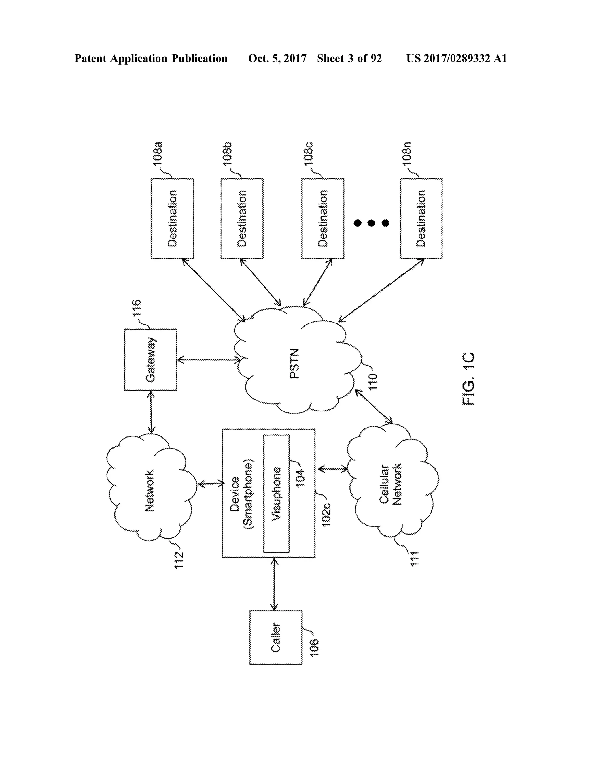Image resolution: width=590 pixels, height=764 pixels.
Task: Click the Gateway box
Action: (151, 360)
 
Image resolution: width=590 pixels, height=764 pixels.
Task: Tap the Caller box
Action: (276, 637)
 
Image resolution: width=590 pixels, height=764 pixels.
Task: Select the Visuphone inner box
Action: (277, 494)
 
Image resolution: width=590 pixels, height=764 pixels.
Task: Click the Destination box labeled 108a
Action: (172, 219)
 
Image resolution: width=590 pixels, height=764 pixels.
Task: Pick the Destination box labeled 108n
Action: (421, 219)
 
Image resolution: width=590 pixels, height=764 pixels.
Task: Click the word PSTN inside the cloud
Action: (295, 364)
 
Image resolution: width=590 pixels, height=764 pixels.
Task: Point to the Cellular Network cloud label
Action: (390, 485)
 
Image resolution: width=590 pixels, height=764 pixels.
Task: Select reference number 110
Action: (373, 381)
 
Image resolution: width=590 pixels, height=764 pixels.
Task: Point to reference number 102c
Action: (326, 515)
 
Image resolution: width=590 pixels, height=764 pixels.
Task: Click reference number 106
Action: (314, 647)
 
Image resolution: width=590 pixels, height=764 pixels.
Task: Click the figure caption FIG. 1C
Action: (468, 379)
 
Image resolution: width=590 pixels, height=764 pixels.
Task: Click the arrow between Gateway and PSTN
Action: (209, 360)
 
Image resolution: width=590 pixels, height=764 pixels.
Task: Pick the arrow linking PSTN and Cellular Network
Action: (374, 406)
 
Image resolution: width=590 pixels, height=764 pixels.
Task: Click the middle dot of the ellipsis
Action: (371, 223)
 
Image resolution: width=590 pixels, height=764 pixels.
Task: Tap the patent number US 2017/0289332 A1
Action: (457, 59)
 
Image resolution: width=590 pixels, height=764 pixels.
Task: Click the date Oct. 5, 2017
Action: (277, 59)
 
